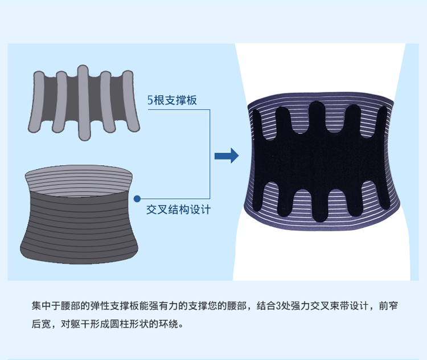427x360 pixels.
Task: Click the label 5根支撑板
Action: click(171, 101)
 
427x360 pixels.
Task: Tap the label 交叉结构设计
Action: click(178, 209)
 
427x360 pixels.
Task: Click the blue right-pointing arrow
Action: click(226, 155)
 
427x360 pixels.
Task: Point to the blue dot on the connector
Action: click(137, 199)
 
